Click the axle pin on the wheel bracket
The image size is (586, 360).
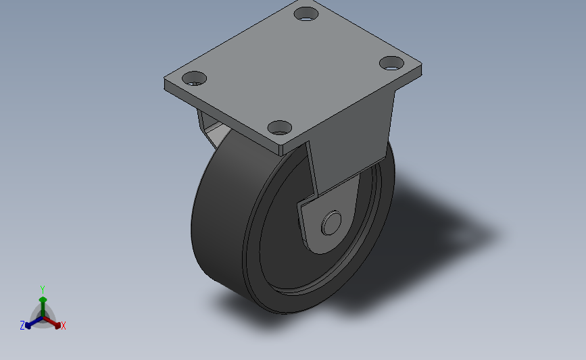pos(331,223)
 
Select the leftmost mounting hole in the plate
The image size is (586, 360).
pos(195,78)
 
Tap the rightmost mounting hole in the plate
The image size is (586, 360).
pos(391,63)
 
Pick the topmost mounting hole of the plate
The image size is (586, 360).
pos(306,14)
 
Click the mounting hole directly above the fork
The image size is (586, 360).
pos(280,128)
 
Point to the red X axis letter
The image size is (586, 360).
pos(63,326)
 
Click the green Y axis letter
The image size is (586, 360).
pos(42,290)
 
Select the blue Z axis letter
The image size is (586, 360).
pos(22,326)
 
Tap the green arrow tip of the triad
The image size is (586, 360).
pos(43,299)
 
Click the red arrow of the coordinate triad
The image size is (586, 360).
pos(51,322)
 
